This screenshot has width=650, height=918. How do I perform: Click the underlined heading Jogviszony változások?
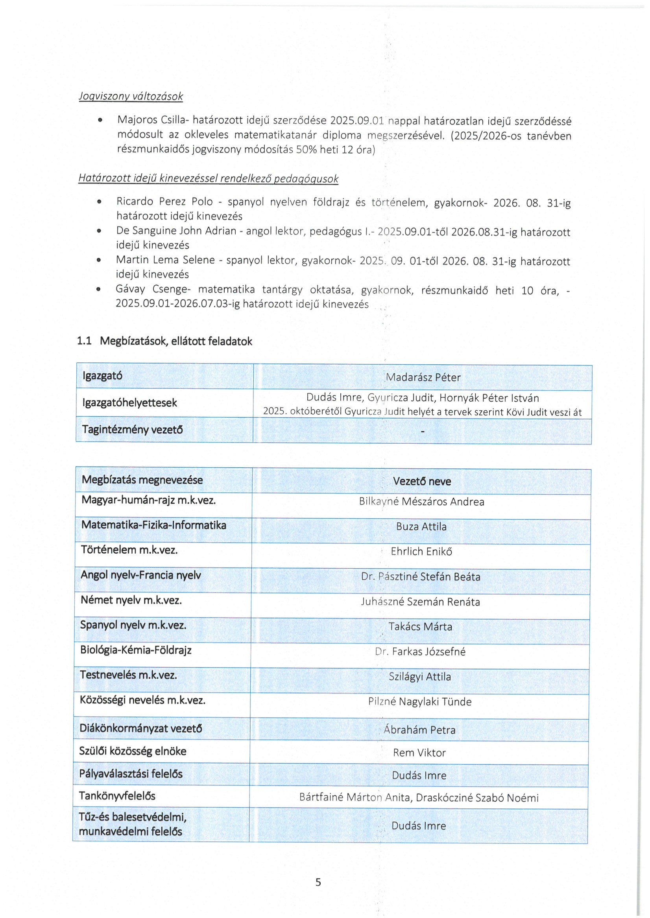pyautogui.click(x=131, y=96)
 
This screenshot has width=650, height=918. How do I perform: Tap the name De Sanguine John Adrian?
pyautogui.click(x=176, y=231)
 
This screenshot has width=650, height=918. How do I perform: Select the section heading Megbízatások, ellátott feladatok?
pyautogui.click(x=176, y=341)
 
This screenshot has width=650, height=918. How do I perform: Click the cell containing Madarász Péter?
pyautogui.click(x=423, y=377)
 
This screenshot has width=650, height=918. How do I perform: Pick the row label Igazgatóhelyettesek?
pyautogui.click(x=130, y=403)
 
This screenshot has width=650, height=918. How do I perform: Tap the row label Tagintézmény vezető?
pyautogui.click(x=133, y=430)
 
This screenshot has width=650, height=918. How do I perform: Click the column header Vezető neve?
pyautogui.click(x=421, y=481)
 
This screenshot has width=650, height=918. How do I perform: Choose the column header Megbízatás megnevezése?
pyautogui.click(x=142, y=480)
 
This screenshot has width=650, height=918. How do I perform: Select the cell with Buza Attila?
pyautogui.click(x=421, y=527)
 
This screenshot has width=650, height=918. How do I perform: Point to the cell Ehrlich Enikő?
pyautogui.click(x=421, y=551)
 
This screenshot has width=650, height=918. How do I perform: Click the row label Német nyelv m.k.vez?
pyautogui.click(x=131, y=600)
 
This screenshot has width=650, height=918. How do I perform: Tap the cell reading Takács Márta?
pyautogui.click(x=420, y=626)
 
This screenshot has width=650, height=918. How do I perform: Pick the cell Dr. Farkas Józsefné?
pyautogui.click(x=420, y=652)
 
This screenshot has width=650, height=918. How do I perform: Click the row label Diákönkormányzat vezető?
pyautogui.click(x=140, y=728)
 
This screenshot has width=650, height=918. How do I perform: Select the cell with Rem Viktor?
pyautogui.click(x=419, y=753)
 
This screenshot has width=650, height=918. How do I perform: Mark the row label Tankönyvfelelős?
pyautogui.click(x=117, y=796)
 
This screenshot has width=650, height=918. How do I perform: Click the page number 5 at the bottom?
pyautogui.click(x=318, y=882)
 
